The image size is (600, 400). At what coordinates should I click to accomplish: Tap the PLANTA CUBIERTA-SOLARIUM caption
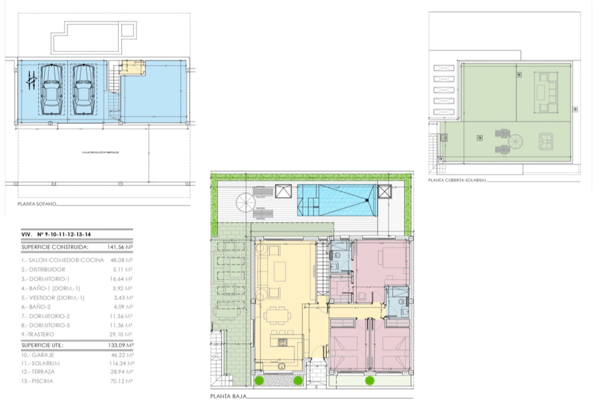(x=457, y=180)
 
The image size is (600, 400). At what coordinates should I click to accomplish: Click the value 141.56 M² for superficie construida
(x=120, y=247)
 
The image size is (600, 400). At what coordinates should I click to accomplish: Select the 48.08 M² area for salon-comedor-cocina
(x=120, y=260)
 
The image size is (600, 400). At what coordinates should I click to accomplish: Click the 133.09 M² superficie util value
(x=120, y=346)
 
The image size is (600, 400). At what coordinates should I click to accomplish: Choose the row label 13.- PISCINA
(x=37, y=381)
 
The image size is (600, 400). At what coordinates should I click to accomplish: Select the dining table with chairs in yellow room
(x=279, y=319)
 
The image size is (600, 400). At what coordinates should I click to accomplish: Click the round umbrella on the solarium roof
(x=517, y=141)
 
